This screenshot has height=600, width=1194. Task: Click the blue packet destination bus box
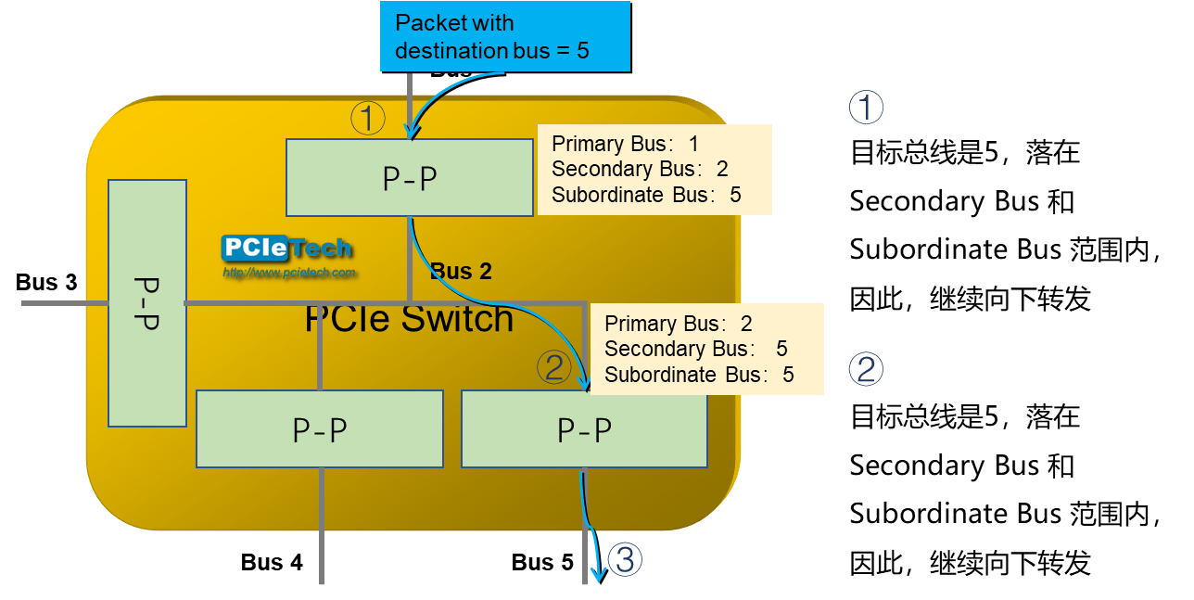[504, 36]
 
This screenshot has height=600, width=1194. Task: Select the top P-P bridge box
[409, 177]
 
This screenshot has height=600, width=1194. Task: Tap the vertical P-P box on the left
[147, 303]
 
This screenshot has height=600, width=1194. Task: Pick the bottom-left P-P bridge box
[319, 428]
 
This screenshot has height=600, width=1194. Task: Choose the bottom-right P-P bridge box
[584, 428]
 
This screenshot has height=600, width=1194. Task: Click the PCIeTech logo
[286, 249]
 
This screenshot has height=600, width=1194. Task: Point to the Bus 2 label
[461, 272]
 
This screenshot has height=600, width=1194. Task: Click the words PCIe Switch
[409, 319]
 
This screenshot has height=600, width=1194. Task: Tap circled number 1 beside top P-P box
[367, 118]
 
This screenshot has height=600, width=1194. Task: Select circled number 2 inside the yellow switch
[553, 368]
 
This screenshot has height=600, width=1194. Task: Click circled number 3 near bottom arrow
[625, 559]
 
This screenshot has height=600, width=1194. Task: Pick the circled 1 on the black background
[866, 108]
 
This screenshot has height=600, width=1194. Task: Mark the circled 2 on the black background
[866, 370]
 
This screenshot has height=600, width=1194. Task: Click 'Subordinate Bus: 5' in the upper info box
[646, 195]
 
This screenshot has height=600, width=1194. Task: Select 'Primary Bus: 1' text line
[625, 144]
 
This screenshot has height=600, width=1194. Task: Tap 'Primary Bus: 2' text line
[678, 324]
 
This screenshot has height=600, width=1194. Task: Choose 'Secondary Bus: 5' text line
[695, 349]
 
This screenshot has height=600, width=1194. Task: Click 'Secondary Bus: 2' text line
[640, 169]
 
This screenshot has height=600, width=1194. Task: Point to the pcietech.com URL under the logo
[289, 273]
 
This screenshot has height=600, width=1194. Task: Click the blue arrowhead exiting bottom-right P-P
[598, 575]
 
